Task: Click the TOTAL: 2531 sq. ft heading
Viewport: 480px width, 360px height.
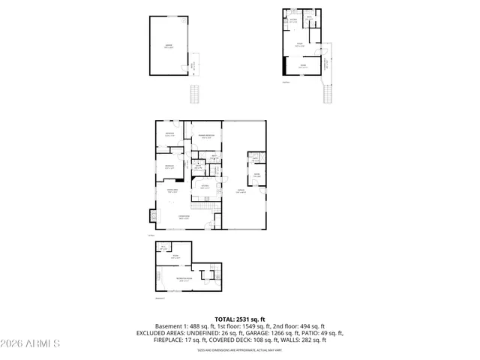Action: pyautogui.click(x=240, y=319)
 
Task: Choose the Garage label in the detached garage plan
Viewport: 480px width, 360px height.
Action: pyautogui.click(x=169, y=46)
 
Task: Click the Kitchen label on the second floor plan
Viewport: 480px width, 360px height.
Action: pyautogui.click(x=293, y=20)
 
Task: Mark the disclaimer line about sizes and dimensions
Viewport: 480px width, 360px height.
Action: pyautogui.click(x=240, y=350)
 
